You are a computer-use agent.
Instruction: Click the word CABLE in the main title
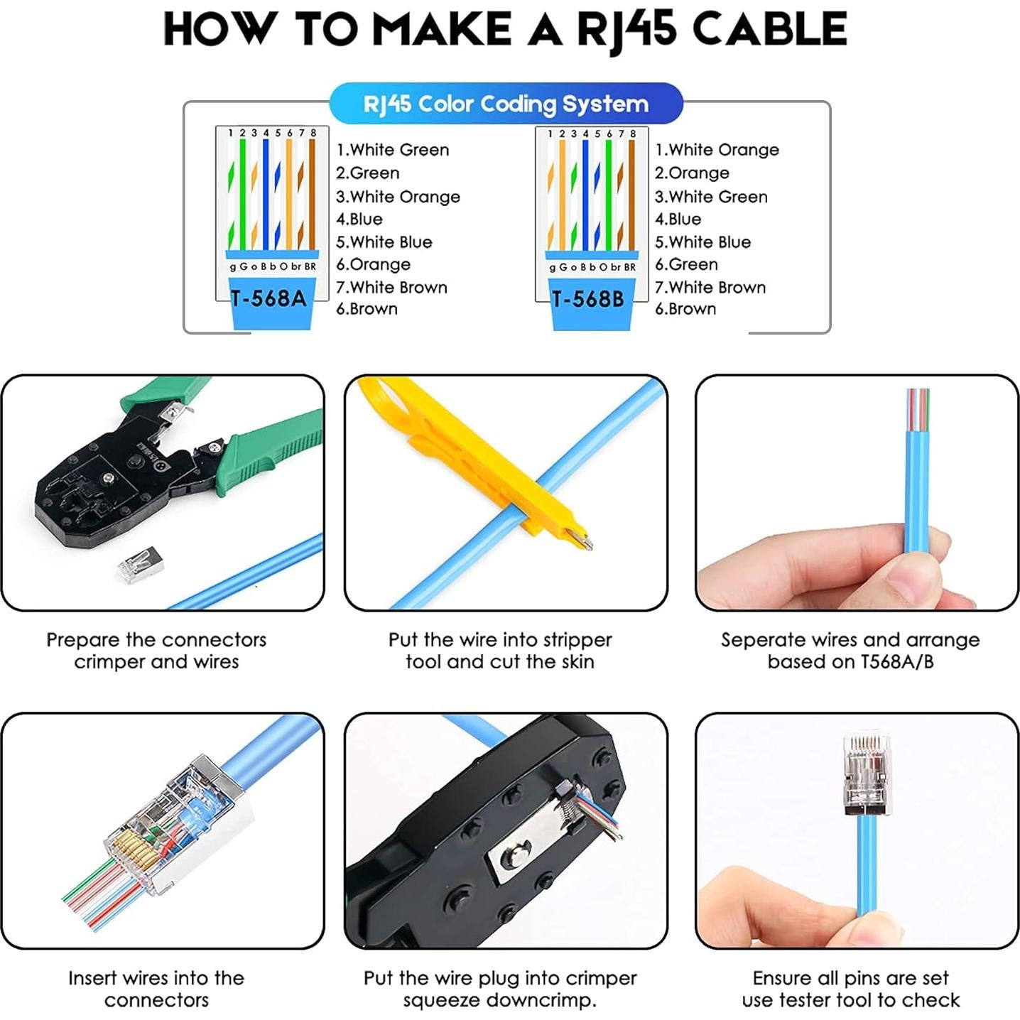coord(769,30)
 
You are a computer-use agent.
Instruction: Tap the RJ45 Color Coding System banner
coord(506,104)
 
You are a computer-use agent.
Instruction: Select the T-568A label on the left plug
coord(268,298)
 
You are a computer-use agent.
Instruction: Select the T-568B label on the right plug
coord(588,299)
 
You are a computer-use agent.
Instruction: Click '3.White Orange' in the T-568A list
coord(398,197)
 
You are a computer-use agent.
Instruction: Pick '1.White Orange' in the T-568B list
coord(716,150)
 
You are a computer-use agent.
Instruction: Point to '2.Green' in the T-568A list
coord(367,173)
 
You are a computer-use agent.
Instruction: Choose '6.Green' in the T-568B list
coord(686,264)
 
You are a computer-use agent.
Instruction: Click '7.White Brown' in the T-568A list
coord(391,288)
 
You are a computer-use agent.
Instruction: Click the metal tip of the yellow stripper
coord(583,541)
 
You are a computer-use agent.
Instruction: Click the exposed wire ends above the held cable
coord(917,408)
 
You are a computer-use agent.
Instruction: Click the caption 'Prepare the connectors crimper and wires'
coord(156,651)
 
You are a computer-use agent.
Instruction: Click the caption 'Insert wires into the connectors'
coord(156,989)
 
